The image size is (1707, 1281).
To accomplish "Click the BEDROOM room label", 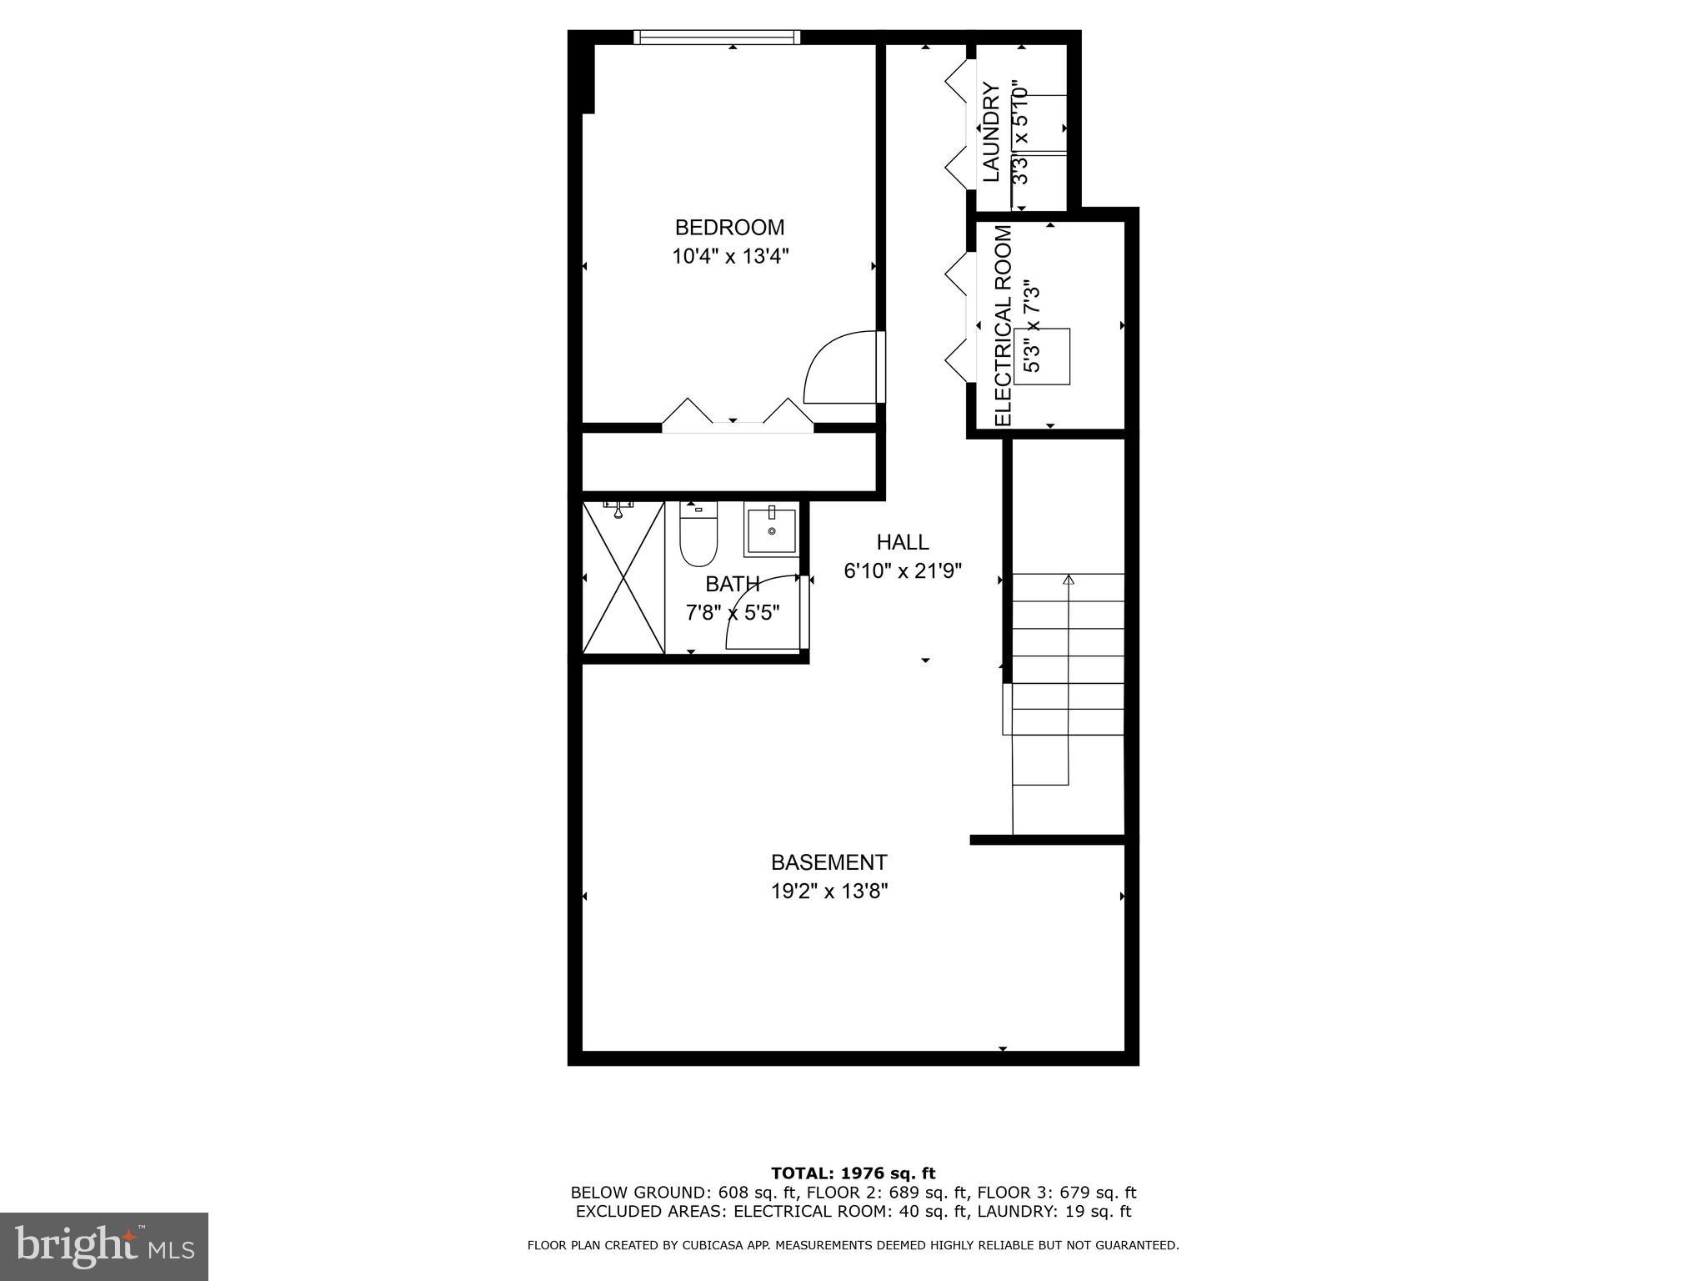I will click(729, 227).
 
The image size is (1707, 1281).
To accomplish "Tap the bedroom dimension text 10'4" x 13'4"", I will click(730, 256).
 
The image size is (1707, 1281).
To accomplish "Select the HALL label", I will click(902, 542).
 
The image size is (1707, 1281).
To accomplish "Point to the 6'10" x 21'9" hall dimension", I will click(903, 571).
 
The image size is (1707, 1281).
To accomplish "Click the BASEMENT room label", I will click(828, 862).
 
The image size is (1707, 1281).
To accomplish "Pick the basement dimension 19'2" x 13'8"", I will click(828, 892).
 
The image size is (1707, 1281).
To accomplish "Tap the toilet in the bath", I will click(698, 535).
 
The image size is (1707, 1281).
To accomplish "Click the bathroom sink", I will click(771, 530).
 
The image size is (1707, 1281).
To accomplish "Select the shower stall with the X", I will click(623, 577).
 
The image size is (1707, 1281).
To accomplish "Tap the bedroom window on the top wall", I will click(716, 37).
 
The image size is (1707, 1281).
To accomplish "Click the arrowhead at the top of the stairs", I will click(1069, 579).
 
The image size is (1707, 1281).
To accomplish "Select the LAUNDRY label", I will click(990, 132).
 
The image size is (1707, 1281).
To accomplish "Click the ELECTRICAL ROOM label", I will click(1003, 325).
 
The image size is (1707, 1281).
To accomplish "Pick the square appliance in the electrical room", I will click(1042, 357).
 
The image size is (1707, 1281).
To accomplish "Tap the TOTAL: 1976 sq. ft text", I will click(853, 1173).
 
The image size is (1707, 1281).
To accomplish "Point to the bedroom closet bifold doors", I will click(737, 415).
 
